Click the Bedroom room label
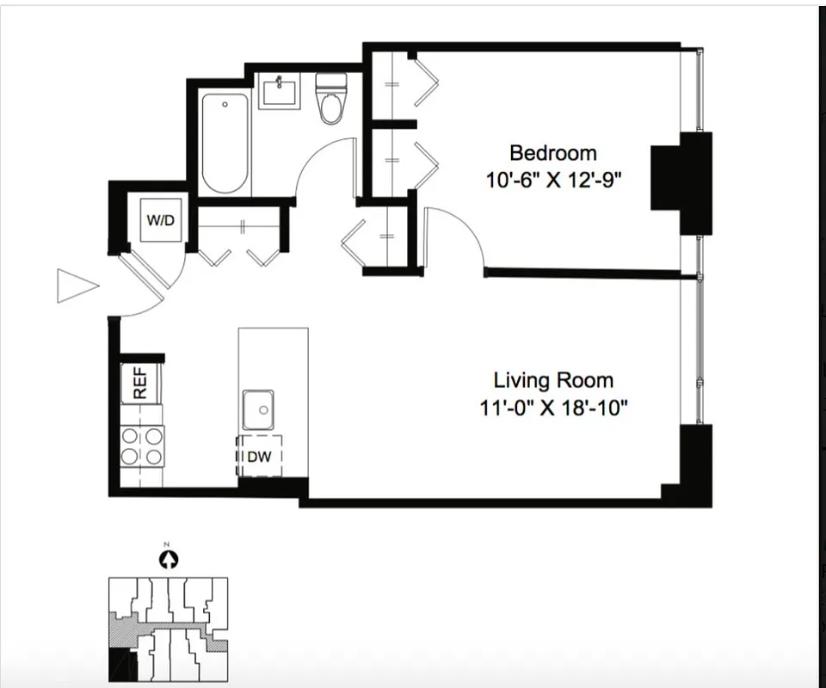pyautogui.click(x=552, y=153)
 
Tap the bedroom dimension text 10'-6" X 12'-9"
pyautogui.click(x=552, y=181)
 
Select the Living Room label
pyautogui.click(x=553, y=379)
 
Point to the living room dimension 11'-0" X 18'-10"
pyautogui.click(x=553, y=407)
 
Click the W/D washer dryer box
pyautogui.click(x=160, y=220)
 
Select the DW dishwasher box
pyautogui.click(x=259, y=457)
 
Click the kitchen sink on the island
pyautogui.click(x=258, y=409)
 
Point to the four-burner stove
pyautogui.click(x=142, y=445)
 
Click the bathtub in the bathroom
pyautogui.click(x=225, y=143)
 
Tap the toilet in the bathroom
pyautogui.click(x=330, y=100)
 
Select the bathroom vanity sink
pyautogui.click(x=281, y=89)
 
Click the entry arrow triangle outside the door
pyautogui.click(x=76, y=286)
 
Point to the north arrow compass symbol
pyautogui.click(x=170, y=560)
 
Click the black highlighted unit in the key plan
pyautogui.click(x=117, y=665)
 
